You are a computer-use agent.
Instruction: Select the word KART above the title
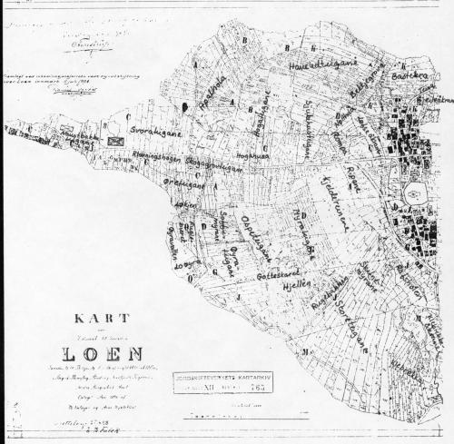[x=100, y=319]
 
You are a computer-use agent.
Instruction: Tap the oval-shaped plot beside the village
[x=413, y=193]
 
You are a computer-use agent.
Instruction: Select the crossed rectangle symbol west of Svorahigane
[x=113, y=141]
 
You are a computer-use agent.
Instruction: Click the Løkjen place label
[x=180, y=207]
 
